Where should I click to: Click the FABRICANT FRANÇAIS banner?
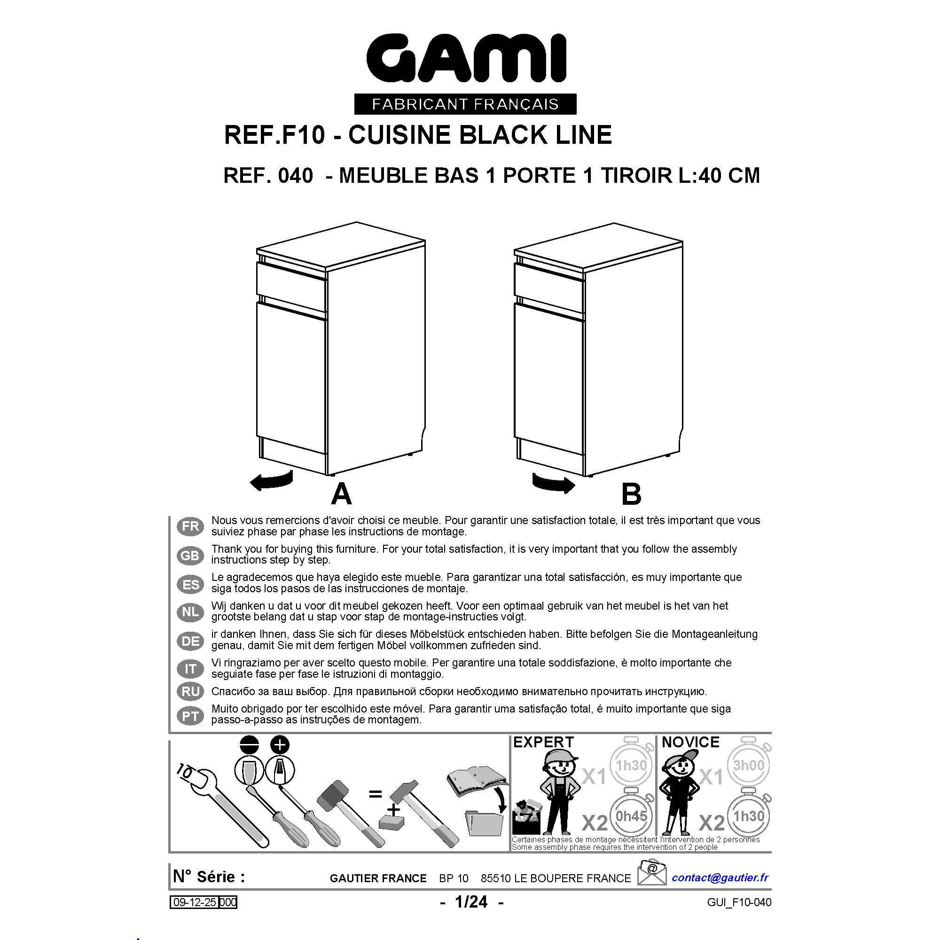pos(465,104)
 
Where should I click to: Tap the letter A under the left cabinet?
pos(341,494)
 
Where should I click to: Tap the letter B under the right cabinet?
pos(631,494)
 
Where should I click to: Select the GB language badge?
pos(190,555)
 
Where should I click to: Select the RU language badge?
pos(190,691)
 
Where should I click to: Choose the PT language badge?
pos(190,716)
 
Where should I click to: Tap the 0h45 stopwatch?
pos(631,816)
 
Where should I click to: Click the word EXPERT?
pos(543,742)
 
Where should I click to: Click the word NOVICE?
pos(690,742)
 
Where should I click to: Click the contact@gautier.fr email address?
pos(720,877)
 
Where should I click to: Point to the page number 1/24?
pos(471,902)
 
